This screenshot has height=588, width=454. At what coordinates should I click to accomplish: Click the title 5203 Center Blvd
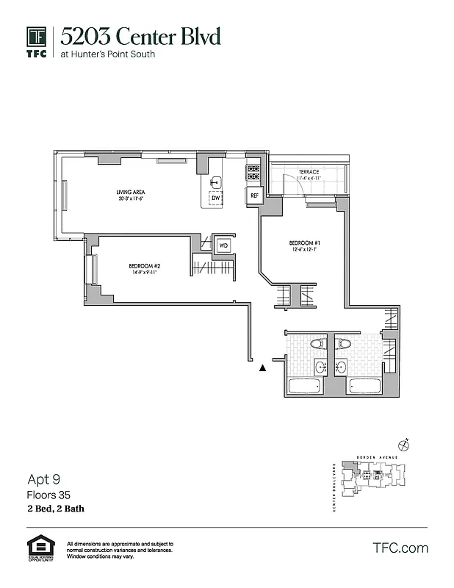[x=140, y=36]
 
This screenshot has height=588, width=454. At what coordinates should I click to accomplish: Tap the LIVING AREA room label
[x=129, y=193]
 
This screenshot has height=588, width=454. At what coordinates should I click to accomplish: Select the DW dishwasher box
[x=216, y=198]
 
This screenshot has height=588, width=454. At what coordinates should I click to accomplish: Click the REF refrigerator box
[x=254, y=196]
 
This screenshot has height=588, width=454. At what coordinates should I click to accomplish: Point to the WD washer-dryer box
[x=223, y=245]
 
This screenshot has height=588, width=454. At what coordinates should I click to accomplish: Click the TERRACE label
[x=308, y=172]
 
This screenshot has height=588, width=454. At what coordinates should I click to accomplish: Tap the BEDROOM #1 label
[x=303, y=243]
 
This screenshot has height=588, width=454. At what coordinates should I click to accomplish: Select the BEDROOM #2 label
[x=144, y=266]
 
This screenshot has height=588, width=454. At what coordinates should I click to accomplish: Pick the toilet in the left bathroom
[x=317, y=343]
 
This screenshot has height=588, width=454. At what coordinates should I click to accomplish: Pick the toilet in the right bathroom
[x=342, y=343]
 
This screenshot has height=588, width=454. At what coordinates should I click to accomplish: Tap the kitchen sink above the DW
[x=215, y=182]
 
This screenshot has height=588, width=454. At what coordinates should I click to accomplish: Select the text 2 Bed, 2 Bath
[x=60, y=509]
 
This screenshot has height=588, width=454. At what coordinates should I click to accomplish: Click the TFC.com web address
[x=400, y=548]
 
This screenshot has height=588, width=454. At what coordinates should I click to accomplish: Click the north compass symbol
[x=403, y=444]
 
